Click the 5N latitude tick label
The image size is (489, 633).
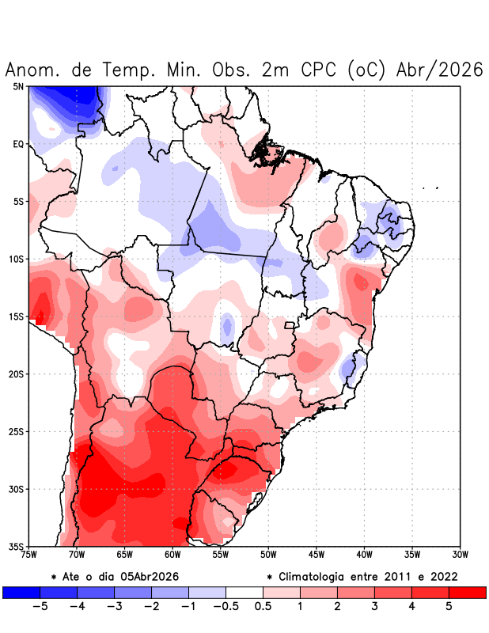(17, 86)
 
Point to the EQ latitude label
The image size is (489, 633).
(17, 144)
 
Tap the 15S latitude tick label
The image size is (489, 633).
(16, 316)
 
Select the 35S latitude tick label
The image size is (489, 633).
(16, 546)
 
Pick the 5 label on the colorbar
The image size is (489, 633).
(449, 607)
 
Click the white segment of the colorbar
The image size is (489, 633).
(244, 592)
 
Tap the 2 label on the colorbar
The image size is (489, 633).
(337, 607)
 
